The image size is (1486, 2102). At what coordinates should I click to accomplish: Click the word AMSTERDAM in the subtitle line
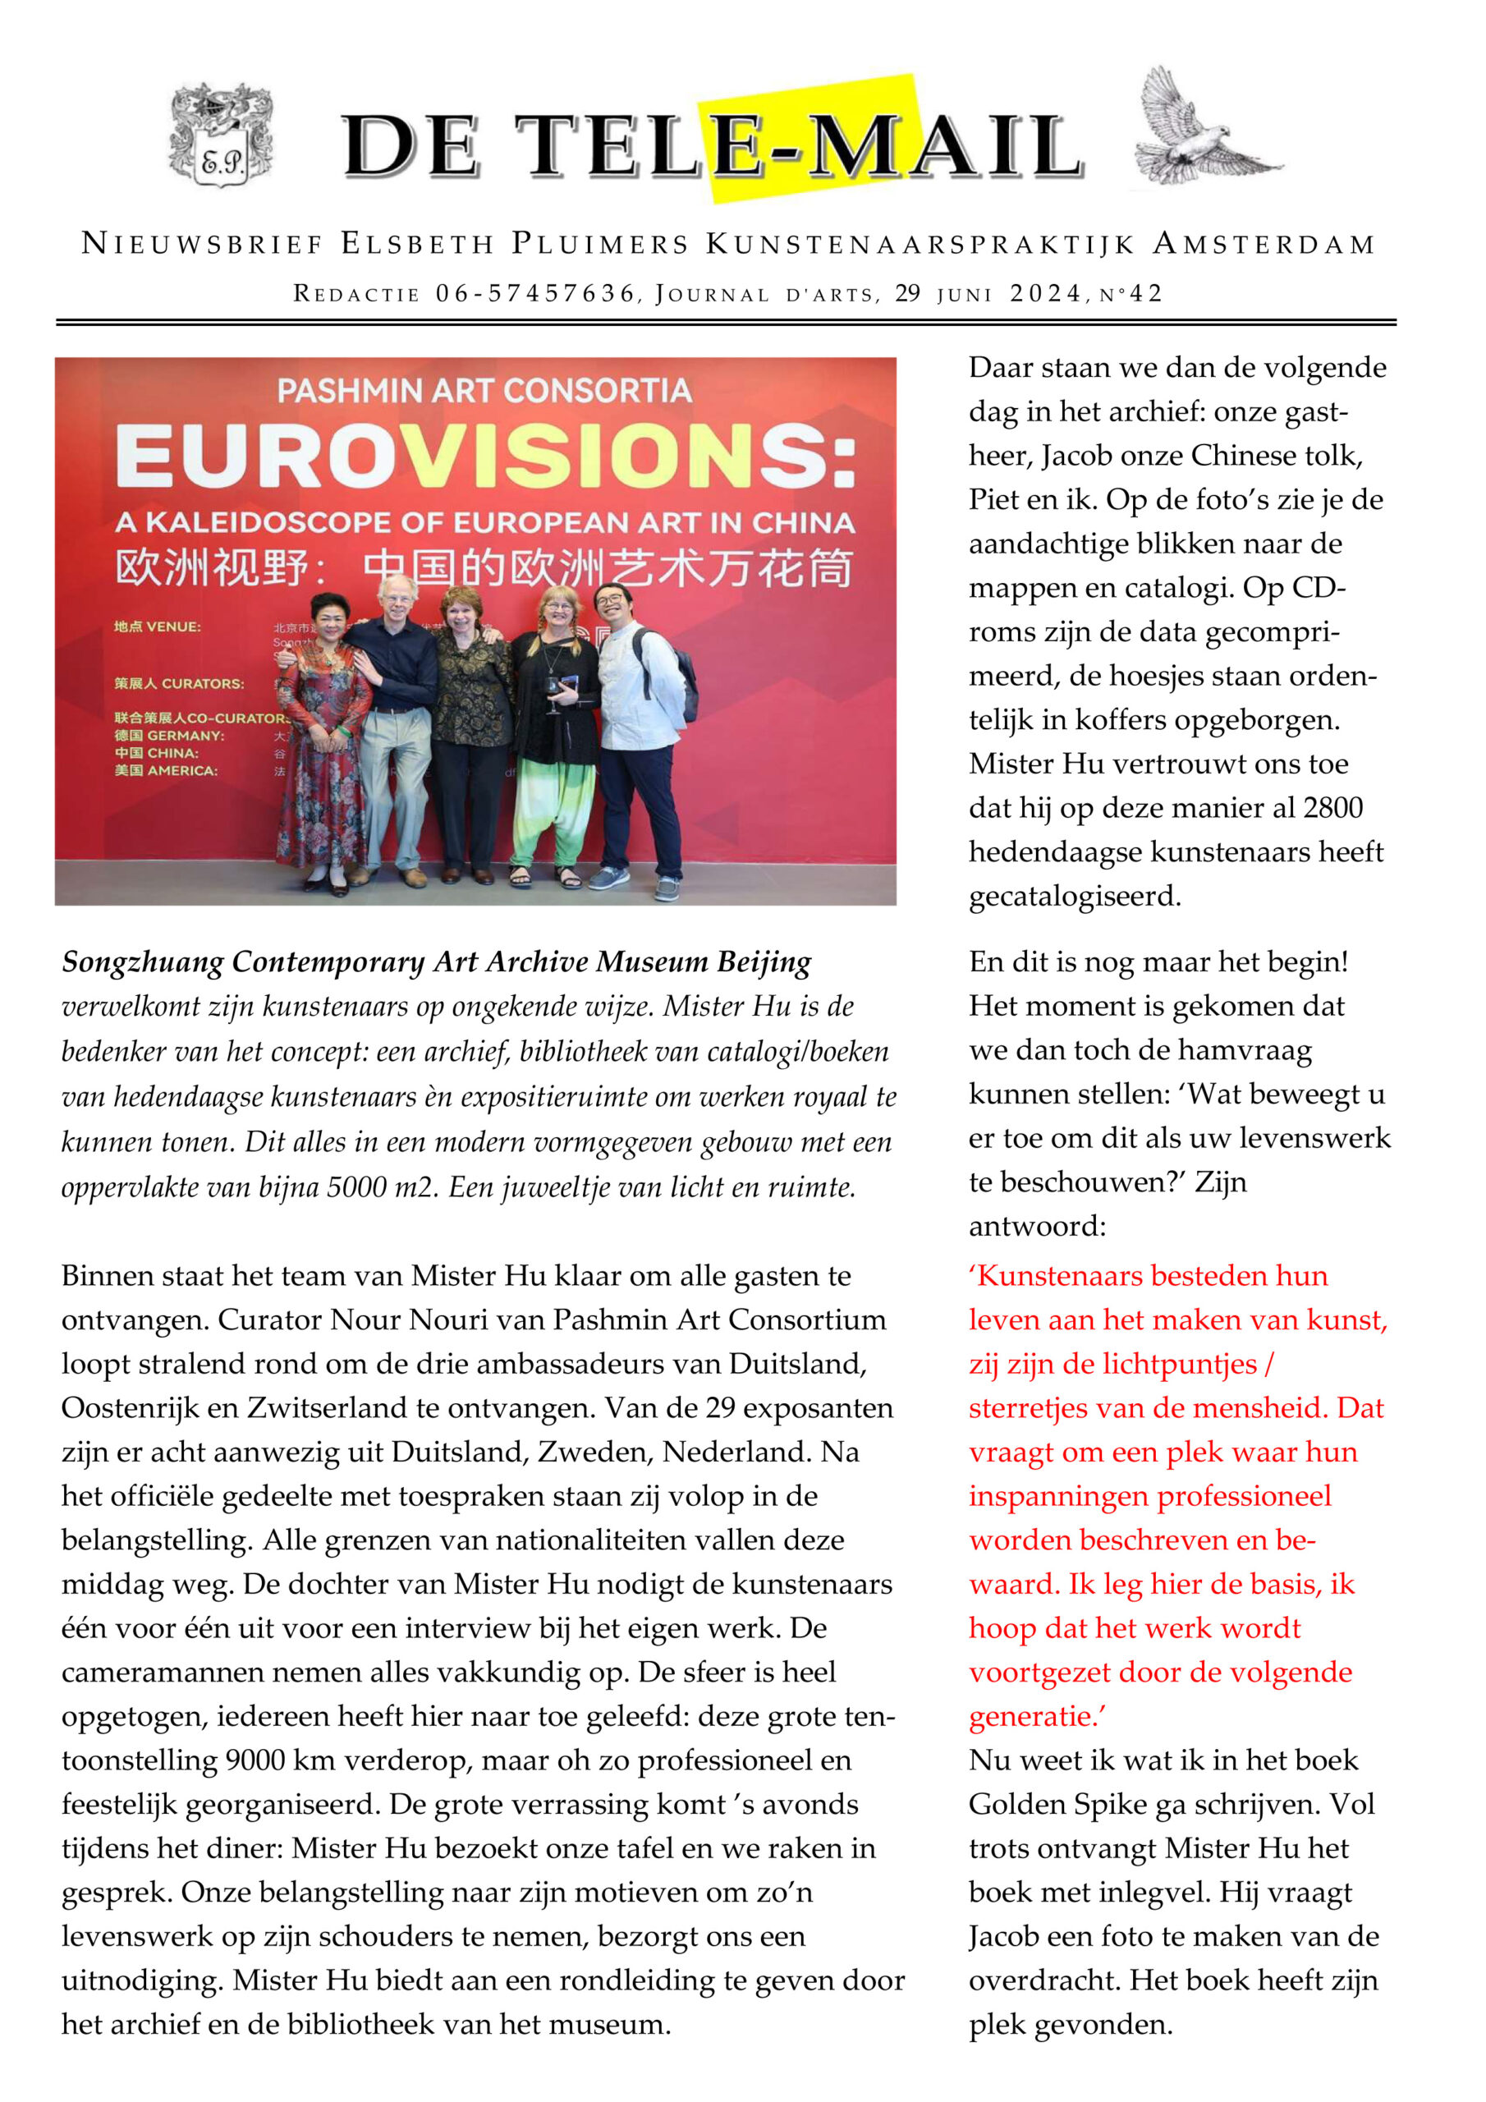[x=1263, y=245]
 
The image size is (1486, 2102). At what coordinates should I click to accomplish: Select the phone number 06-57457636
[x=534, y=294]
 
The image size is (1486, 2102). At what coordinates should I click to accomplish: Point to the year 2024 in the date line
[x=1046, y=294]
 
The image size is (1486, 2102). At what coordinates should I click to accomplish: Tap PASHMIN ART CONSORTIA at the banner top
[x=484, y=391]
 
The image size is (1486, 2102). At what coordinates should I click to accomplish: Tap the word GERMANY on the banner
[x=184, y=736]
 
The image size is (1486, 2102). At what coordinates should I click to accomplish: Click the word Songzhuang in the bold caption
[x=143, y=963]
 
